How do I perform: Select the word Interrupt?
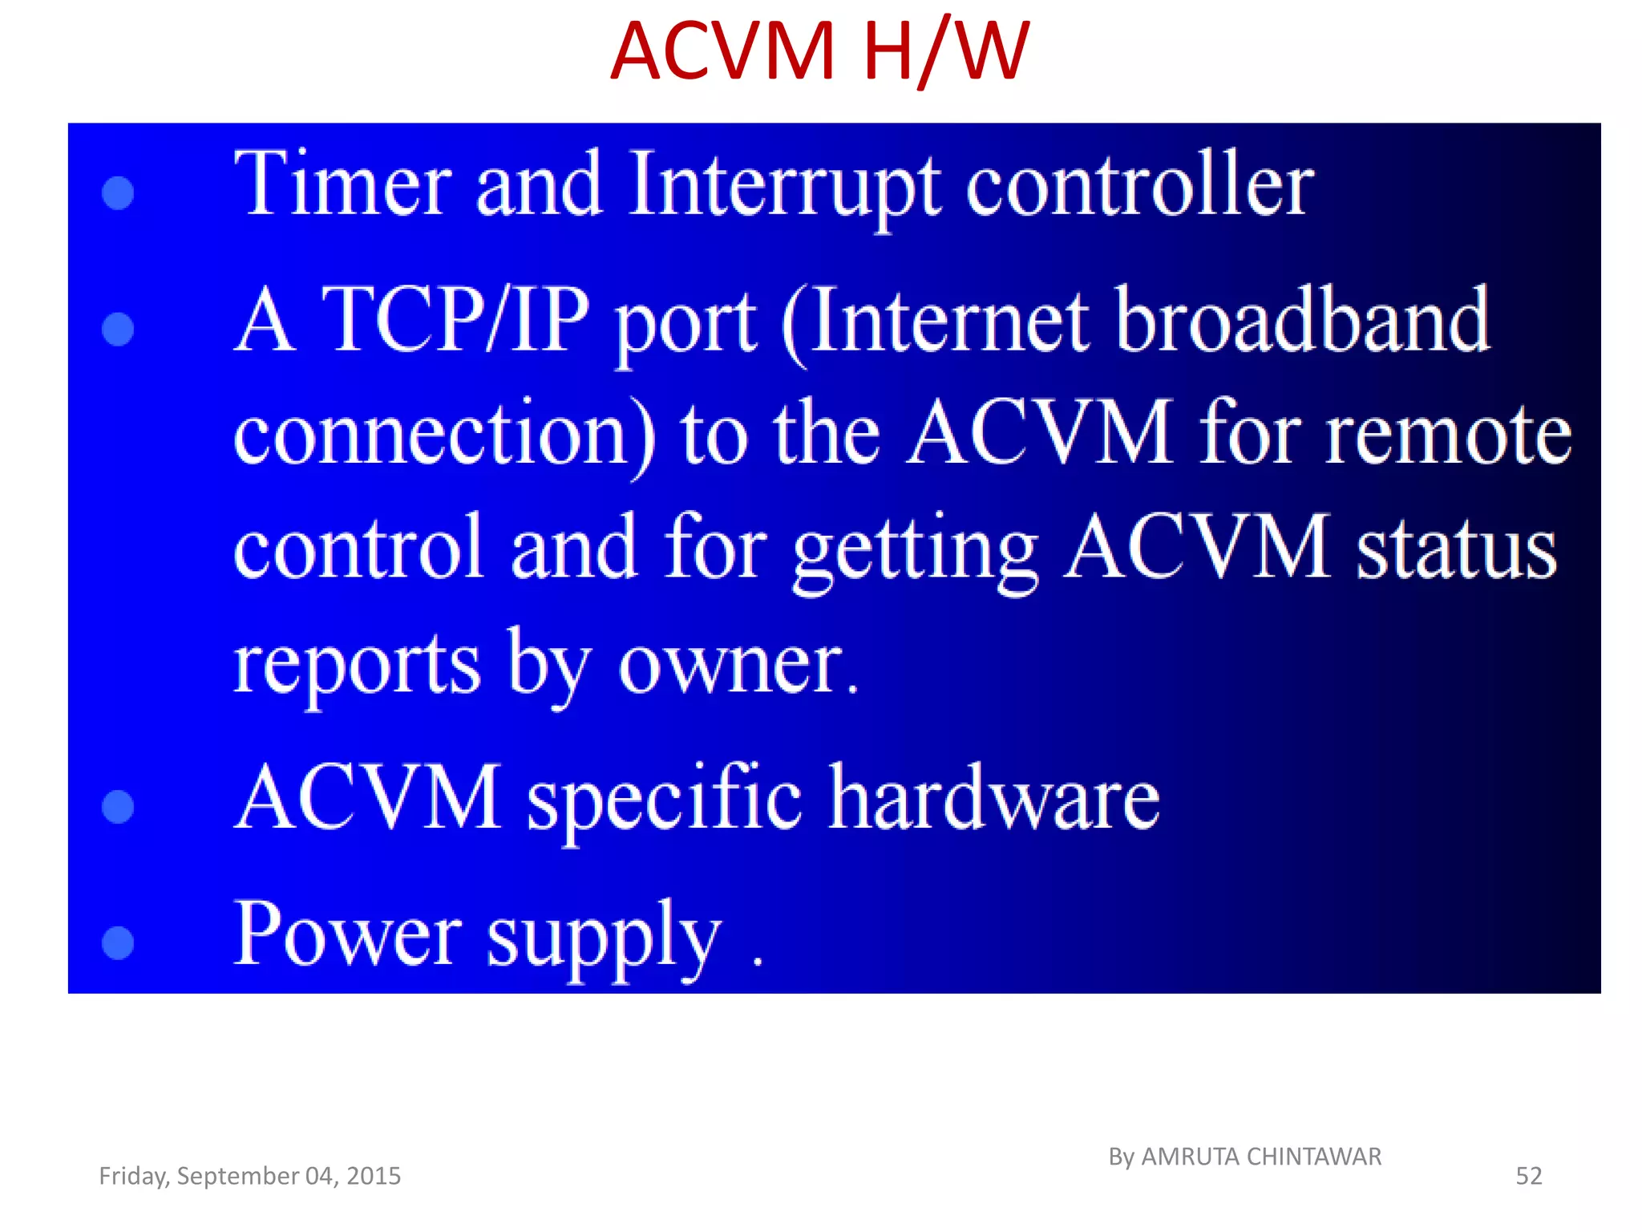pyautogui.click(x=783, y=186)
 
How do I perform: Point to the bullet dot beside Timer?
pyautogui.click(x=118, y=192)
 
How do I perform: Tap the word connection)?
pyautogui.click(x=444, y=434)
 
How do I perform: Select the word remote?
pyautogui.click(x=1448, y=434)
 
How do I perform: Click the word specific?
pyautogui.click(x=664, y=800)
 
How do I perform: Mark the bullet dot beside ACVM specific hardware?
pyautogui.click(x=118, y=807)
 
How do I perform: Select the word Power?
pyautogui.click(x=347, y=934)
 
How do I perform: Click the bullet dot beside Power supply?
pyautogui.click(x=118, y=942)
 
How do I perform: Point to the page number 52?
pyautogui.click(x=1528, y=1176)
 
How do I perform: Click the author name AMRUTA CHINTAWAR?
pyautogui.click(x=1261, y=1157)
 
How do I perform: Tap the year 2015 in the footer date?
pyautogui.click(x=374, y=1176)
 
